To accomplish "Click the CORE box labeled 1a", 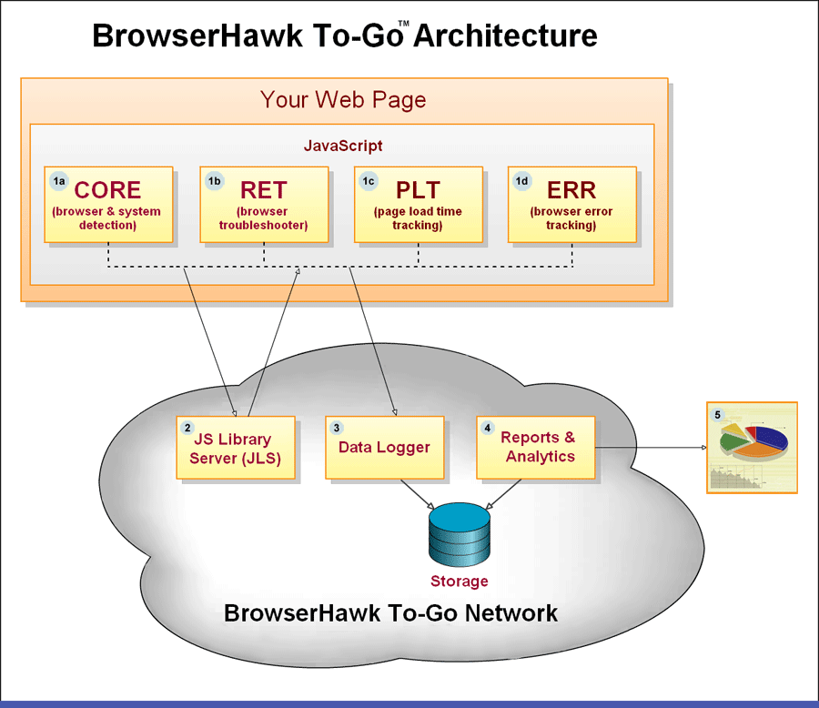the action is click(x=108, y=205).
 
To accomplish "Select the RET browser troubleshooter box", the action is click(x=264, y=205).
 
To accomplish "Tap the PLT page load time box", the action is click(x=419, y=205).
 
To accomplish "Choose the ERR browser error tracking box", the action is click(x=572, y=205).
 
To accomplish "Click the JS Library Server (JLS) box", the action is click(x=236, y=448).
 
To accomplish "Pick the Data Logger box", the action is click(x=385, y=448).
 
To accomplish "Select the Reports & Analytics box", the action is click(x=536, y=448).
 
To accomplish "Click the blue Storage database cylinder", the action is click(x=460, y=535).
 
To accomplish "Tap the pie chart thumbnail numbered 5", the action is click(x=753, y=447).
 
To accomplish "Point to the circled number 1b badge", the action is click(x=214, y=181).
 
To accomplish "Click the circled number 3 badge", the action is click(x=337, y=428).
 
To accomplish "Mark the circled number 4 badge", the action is click(x=488, y=428).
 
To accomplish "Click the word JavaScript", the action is click(x=343, y=146).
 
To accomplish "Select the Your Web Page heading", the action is click(x=343, y=100).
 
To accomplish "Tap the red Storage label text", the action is click(x=460, y=581).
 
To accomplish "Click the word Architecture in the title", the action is click(x=506, y=36).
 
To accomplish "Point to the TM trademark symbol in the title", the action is click(x=404, y=24).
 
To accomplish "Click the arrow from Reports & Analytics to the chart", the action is click(x=651, y=447).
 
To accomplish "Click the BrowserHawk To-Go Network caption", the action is click(x=390, y=613).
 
